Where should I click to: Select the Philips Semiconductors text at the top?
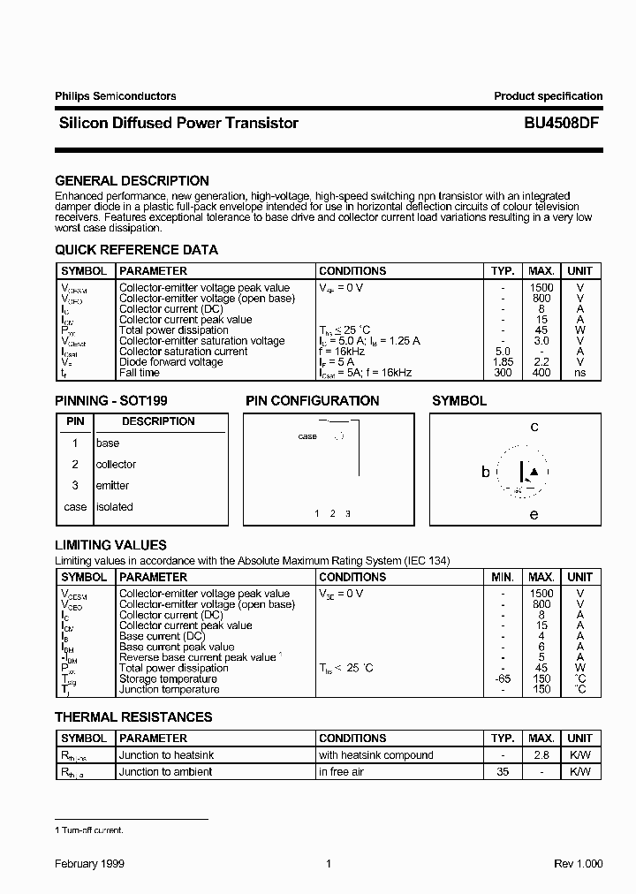click(x=115, y=96)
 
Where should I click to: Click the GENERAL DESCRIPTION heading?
click(x=132, y=181)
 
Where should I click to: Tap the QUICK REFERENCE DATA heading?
click(x=136, y=250)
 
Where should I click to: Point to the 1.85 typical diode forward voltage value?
click(x=502, y=362)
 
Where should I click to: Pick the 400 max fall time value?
click(x=541, y=373)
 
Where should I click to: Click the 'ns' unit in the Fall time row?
click(x=579, y=373)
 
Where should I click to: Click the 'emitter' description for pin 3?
click(x=112, y=486)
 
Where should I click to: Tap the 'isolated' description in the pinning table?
click(x=114, y=507)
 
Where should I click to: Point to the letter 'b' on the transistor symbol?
click(x=485, y=472)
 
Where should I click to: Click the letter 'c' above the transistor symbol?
click(x=534, y=428)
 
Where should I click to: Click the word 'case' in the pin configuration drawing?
click(x=307, y=436)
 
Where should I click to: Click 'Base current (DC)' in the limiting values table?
click(x=162, y=636)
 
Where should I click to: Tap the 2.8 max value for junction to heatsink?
click(x=541, y=755)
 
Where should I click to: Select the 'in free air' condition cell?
click(x=347, y=772)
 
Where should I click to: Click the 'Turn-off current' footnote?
click(x=89, y=830)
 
